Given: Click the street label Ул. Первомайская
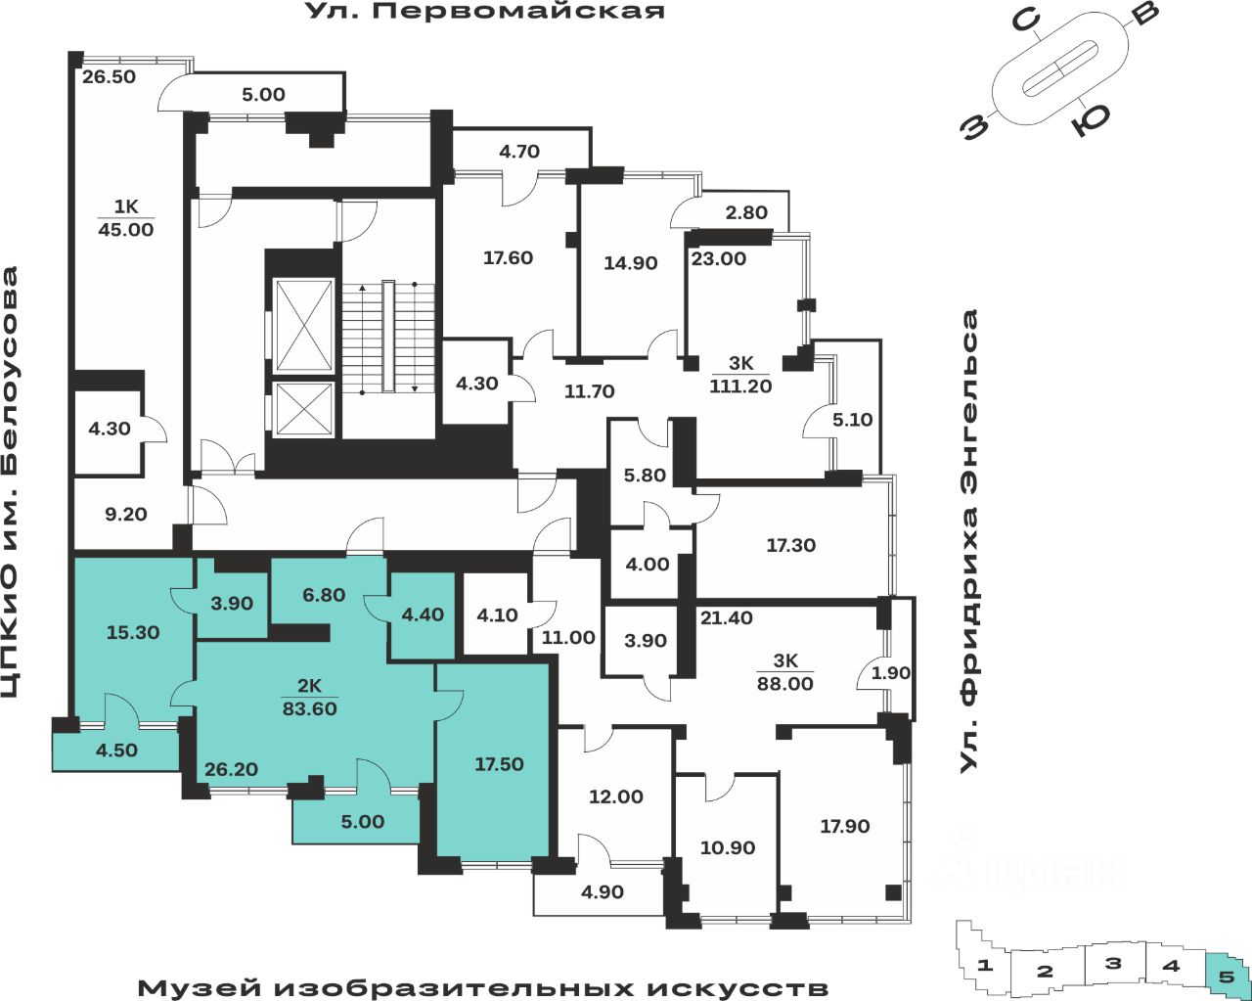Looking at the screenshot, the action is (x=485, y=12).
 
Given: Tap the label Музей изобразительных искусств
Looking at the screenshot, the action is (x=482, y=987).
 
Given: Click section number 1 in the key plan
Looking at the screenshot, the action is (x=985, y=966).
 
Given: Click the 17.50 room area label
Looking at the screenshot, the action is (x=499, y=764).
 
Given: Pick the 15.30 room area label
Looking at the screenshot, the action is (x=133, y=633).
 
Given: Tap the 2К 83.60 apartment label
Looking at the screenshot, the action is (x=309, y=698).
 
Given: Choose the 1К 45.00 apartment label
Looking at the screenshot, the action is (x=126, y=218).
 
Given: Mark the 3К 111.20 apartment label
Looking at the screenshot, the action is (x=740, y=375).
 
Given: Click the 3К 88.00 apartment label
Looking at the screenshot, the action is (x=785, y=673).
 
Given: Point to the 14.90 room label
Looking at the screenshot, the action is (x=630, y=263).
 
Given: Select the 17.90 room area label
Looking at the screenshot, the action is (x=844, y=827).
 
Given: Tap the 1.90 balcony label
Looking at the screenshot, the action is (x=890, y=673).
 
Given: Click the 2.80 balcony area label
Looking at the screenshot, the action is (x=746, y=212).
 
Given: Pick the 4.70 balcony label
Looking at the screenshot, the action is (x=519, y=152).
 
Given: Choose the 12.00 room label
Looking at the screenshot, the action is (x=615, y=797).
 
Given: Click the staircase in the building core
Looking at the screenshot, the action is (x=387, y=338).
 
